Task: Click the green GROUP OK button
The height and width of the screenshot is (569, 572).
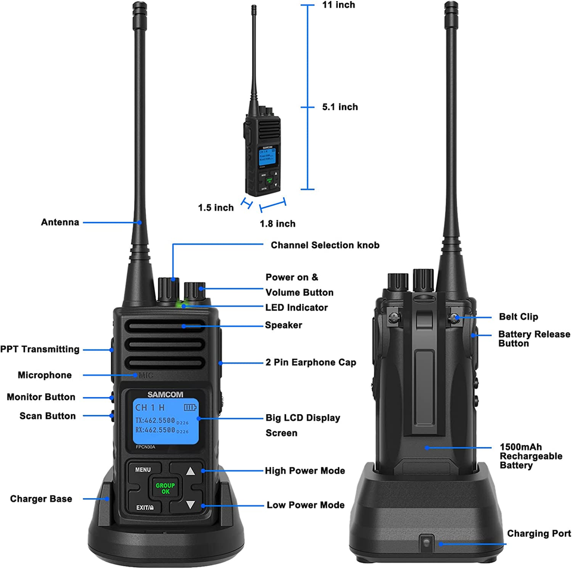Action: click(x=165, y=488)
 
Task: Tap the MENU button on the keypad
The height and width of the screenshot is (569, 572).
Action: click(x=143, y=470)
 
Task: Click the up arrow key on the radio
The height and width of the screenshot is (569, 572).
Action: click(x=191, y=471)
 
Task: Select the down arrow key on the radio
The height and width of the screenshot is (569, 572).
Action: click(x=191, y=505)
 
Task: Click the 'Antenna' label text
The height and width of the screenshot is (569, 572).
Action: click(x=60, y=222)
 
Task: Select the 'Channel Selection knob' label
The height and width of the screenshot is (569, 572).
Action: click(x=325, y=245)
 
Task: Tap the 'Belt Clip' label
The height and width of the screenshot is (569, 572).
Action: click(x=518, y=317)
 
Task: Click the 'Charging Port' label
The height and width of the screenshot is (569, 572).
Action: click(x=539, y=533)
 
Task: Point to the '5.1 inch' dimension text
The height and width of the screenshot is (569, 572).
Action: click(x=340, y=107)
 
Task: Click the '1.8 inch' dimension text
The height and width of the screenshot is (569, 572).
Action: click(x=278, y=224)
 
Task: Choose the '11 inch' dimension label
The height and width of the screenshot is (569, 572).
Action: click(x=338, y=5)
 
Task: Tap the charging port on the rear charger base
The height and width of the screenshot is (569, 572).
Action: click(x=425, y=542)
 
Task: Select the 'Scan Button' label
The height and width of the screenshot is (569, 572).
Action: click(x=47, y=416)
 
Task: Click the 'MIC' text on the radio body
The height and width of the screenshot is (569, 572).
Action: click(x=147, y=375)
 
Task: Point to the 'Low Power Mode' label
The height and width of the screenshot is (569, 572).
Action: click(x=305, y=505)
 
